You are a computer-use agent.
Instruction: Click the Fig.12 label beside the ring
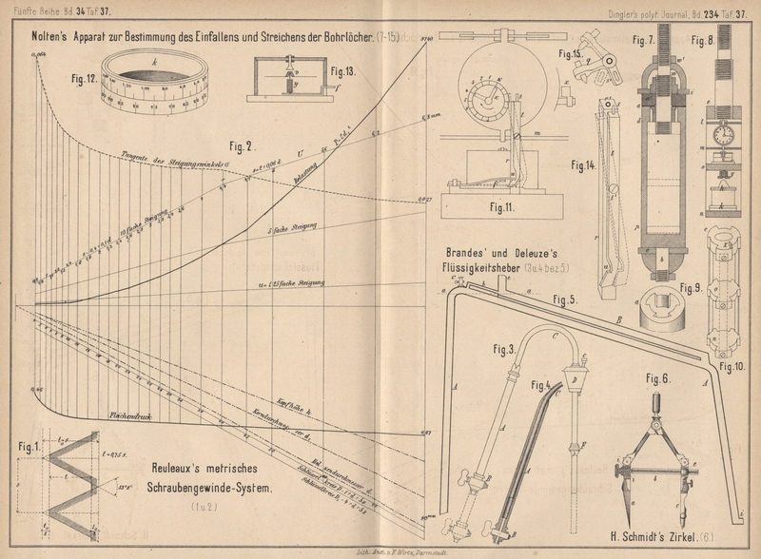79,81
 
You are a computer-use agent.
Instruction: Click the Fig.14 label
582,164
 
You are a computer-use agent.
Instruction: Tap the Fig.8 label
704,42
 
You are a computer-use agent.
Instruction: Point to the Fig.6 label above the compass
660,378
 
